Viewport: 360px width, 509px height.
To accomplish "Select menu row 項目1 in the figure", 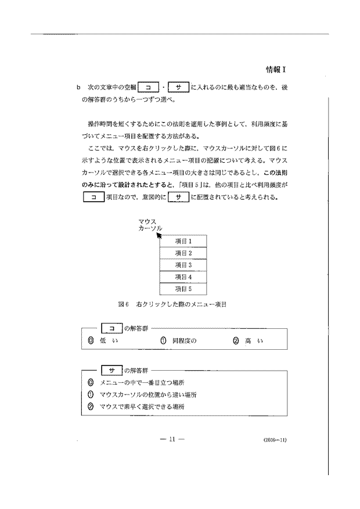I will (x=183, y=241).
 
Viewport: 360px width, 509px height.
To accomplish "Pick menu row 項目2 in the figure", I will (x=183, y=253).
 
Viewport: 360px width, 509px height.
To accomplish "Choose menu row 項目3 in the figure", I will (x=183, y=264).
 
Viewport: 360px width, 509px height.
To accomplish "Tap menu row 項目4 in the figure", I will (x=183, y=277).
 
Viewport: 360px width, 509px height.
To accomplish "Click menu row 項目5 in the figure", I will (x=183, y=288).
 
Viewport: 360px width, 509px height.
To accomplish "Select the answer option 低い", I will (x=102, y=340).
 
